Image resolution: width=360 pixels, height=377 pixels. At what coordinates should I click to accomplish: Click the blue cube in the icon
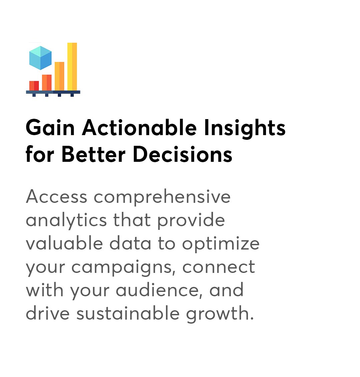[x=40, y=58]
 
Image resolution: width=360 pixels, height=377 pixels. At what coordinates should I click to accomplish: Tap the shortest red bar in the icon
[x=34, y=86]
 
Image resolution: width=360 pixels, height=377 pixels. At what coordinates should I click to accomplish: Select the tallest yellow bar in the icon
[x=72, y=67]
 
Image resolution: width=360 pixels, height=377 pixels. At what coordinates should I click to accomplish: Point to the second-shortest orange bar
[x=47, y=83]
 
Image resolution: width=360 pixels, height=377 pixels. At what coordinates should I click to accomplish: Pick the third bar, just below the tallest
[x=59, y=76]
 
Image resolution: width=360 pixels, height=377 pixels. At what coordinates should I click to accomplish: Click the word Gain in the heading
[x=50, y=128]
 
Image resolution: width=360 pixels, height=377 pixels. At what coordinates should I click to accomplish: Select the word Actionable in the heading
[x=139, y=128]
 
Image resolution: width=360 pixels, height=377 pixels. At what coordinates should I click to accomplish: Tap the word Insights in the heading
[x=245, y=129]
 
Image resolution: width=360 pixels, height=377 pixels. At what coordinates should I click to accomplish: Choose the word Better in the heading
[x=93, y=154]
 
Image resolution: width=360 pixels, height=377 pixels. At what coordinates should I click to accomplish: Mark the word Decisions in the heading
[x=183, y=154]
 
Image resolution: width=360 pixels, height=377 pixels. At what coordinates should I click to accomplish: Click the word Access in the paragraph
[x=56, y=197]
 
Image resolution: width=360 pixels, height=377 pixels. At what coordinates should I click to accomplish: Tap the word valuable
[x=64, y=243]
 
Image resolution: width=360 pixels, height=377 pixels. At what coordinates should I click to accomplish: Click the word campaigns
[x=123, y=268]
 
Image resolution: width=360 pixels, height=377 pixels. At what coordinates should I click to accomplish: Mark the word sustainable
[x=128, y=314]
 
